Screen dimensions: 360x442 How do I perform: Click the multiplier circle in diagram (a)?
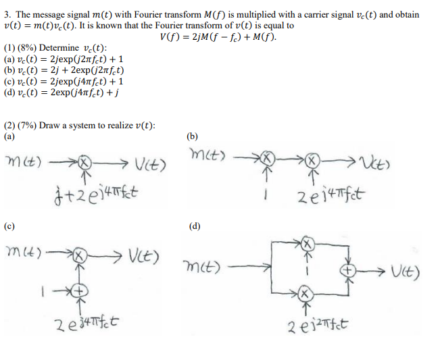[x=83, y=163]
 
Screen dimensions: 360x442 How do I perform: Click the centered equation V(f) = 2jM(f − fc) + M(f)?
[x=218, y=35]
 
